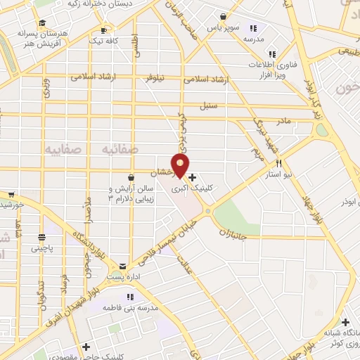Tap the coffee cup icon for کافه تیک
click(x=103, y=31)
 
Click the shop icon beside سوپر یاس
click(x=223, y=16)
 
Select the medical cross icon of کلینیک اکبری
click(x=193, y=178)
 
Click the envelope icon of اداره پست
click(x=123, y=266)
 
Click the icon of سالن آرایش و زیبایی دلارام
click(x=131, y=177)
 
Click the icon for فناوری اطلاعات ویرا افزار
click(x=271, y=53)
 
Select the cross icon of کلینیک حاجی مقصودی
click(x=86, y=347)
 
